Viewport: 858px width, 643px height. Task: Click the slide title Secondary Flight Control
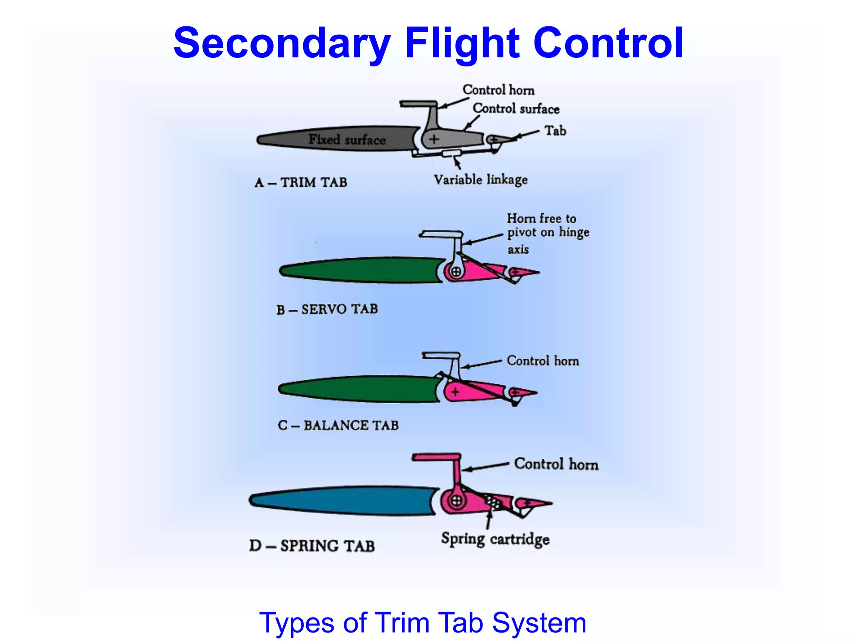[428, 43]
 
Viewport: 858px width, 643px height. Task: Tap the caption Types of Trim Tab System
[422, 623]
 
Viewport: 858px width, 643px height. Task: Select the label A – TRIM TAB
[301, 183]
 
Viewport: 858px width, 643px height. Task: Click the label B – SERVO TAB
[327, 309]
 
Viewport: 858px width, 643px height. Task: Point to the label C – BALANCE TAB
[338, 425]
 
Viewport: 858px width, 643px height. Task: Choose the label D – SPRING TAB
[312, 546]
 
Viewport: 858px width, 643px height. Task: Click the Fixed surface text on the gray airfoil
[347, 139]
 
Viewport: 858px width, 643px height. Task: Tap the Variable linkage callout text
[481, 180]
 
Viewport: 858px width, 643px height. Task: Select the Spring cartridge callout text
[495, 539]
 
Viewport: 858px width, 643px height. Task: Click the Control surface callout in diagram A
[516, 108]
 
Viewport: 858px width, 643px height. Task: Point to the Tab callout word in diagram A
[555, 131]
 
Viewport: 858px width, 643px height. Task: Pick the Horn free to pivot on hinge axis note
[548, 233]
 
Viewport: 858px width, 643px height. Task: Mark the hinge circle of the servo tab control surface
[456, 272]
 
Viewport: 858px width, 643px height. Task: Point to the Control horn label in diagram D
[556, 464]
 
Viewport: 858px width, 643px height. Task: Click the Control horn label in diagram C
[543, 360]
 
